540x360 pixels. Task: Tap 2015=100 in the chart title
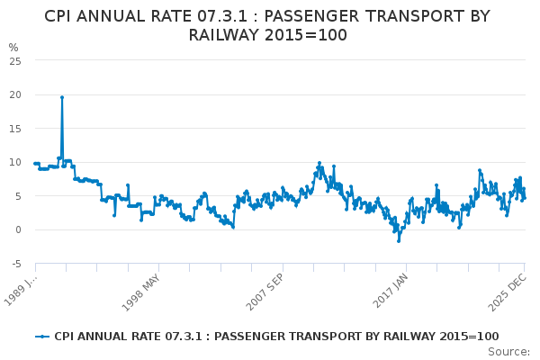(x=305, y=35)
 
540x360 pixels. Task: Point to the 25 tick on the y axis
(x=14, y=60)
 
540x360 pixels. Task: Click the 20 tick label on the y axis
(x=14, y=94)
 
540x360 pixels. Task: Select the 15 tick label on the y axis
(x=14, y=129)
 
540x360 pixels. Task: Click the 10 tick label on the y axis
(x=14, y=162)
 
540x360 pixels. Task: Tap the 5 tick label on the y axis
(x=17, y=196)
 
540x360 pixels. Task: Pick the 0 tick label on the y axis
(x=17, y=230)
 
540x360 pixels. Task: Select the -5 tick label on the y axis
(x=15, y=264)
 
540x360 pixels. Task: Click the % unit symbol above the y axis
(x=13, y=47)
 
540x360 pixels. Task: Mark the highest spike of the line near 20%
(x=62, y=97)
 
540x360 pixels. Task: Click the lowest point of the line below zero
(x=399, y=240)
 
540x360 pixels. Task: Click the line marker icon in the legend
(x=42, y=337)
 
